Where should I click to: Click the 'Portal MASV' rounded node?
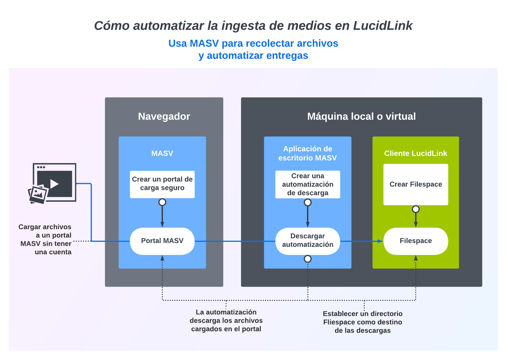(x=162, y=241)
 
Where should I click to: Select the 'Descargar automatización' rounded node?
(x=308, y=241)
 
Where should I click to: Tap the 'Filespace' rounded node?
(x=416, y=241)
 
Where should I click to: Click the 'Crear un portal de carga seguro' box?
(x=162, y=184)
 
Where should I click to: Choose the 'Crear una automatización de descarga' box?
(x=308, y=184)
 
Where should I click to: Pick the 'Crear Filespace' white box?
(x=416, y=184)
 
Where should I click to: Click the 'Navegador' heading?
(x=164, y=116)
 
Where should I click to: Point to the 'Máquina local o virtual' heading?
(x=361, y=116)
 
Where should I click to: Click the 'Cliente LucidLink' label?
(x=416, y=153)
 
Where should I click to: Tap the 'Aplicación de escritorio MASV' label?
(x=308, y=153)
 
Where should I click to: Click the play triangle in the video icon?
(x=54, y=184)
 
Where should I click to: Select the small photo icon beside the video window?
(x=38, y=194)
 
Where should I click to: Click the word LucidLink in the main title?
(x=383, y=26)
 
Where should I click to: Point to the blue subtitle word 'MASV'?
(x=204, y=44)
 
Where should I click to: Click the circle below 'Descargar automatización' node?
(x=308, y=259)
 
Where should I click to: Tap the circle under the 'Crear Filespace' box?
(x=416, y=209)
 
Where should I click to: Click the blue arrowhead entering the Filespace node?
(x=380, y=241)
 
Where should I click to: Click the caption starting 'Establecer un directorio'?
(x=362, y=322)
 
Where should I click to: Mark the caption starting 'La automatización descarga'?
(x=226, y=321)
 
